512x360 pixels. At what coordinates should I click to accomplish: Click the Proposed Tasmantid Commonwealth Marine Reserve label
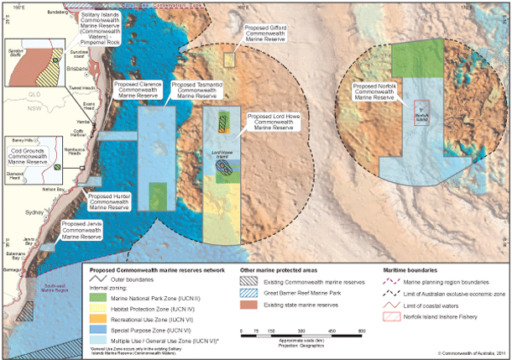[x=198, y=90]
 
